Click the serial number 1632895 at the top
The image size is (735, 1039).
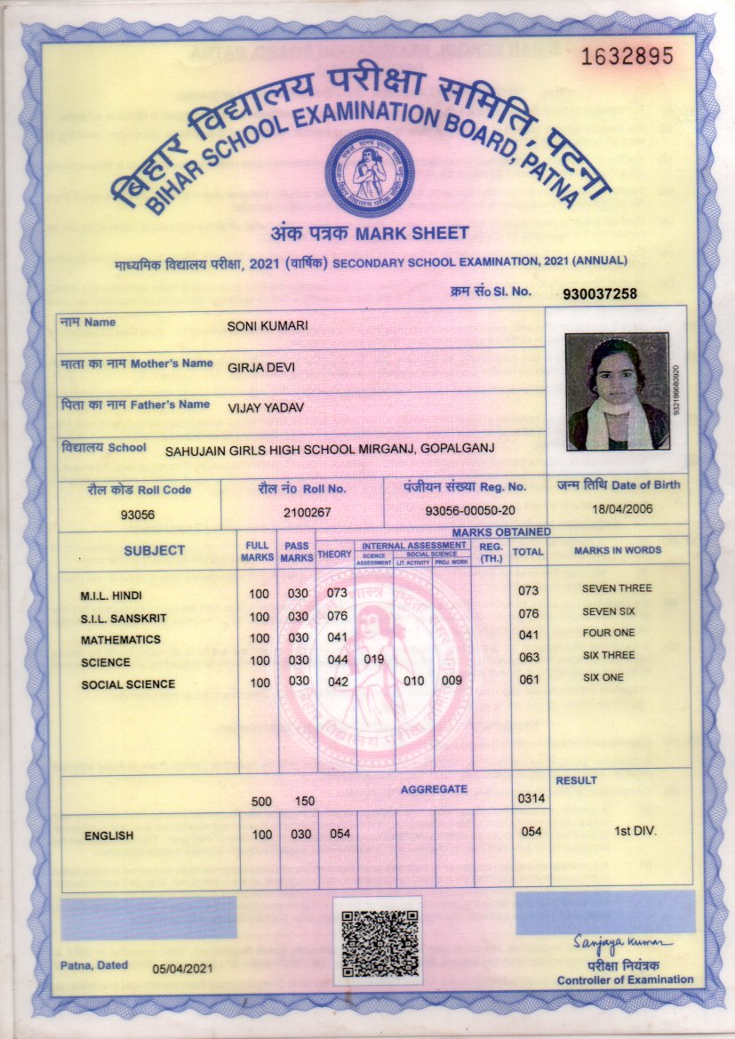[627, 57]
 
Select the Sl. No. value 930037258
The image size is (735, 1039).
[600, 293]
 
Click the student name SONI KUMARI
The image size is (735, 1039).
[268, 326]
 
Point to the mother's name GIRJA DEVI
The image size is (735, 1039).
[261, 367]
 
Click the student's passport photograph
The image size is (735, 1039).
[617, 391]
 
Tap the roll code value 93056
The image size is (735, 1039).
[138, 515]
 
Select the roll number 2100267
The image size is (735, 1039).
[307, 512]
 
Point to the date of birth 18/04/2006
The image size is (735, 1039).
[618, 509]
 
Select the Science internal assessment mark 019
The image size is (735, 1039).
[374, 659]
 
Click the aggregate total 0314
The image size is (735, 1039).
[530, 800]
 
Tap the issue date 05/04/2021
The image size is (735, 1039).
[182, 968]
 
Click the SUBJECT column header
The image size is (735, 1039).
[155, 550]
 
